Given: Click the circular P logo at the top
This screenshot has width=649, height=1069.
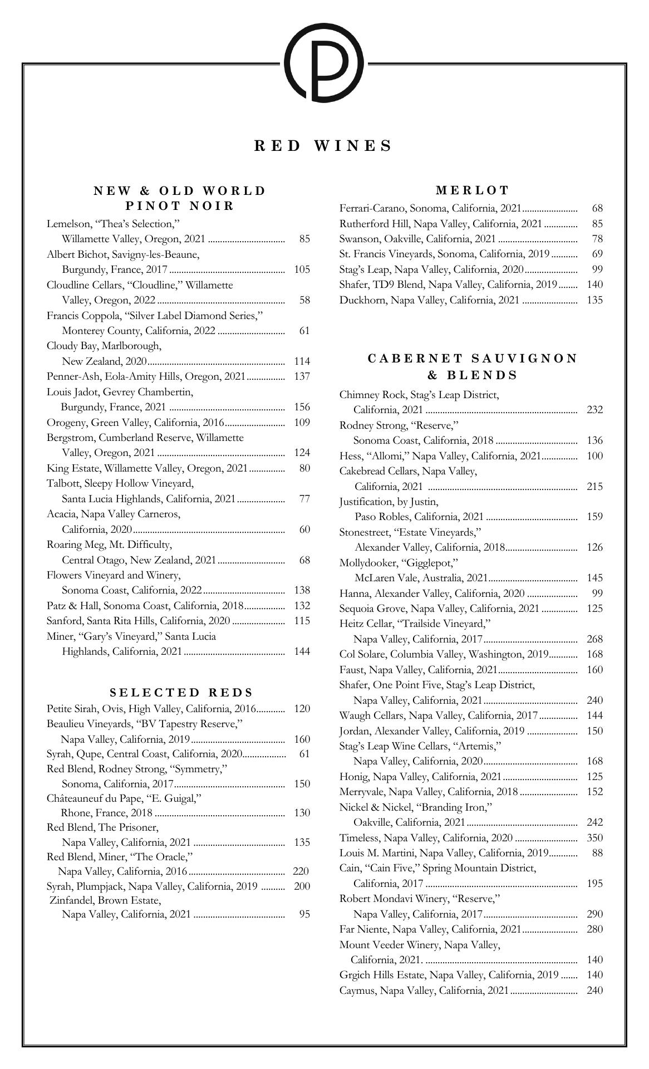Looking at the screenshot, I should click(324, 63).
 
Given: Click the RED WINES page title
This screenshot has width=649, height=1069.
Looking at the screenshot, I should click(323, 146).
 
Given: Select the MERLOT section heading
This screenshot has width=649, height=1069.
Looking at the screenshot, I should click(473, 190).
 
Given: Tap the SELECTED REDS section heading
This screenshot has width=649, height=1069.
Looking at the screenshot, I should click(181, 693).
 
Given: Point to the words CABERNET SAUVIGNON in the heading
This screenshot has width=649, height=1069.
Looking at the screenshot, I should click(473, 359).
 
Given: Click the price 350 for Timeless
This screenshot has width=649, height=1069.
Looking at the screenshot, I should click(594, 838).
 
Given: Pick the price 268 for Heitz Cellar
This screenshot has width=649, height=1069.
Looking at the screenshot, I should click(594, 639).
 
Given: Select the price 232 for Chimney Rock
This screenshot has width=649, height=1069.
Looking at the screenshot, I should click(594, 410).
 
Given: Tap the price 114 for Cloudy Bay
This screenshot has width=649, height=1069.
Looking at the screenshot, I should click(302, 361).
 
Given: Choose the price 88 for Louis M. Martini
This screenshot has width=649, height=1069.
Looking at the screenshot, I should click(597, 853).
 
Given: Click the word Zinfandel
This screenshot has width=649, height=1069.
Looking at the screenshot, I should click(71, 900).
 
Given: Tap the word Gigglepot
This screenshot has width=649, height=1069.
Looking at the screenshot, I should click(429, 563).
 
